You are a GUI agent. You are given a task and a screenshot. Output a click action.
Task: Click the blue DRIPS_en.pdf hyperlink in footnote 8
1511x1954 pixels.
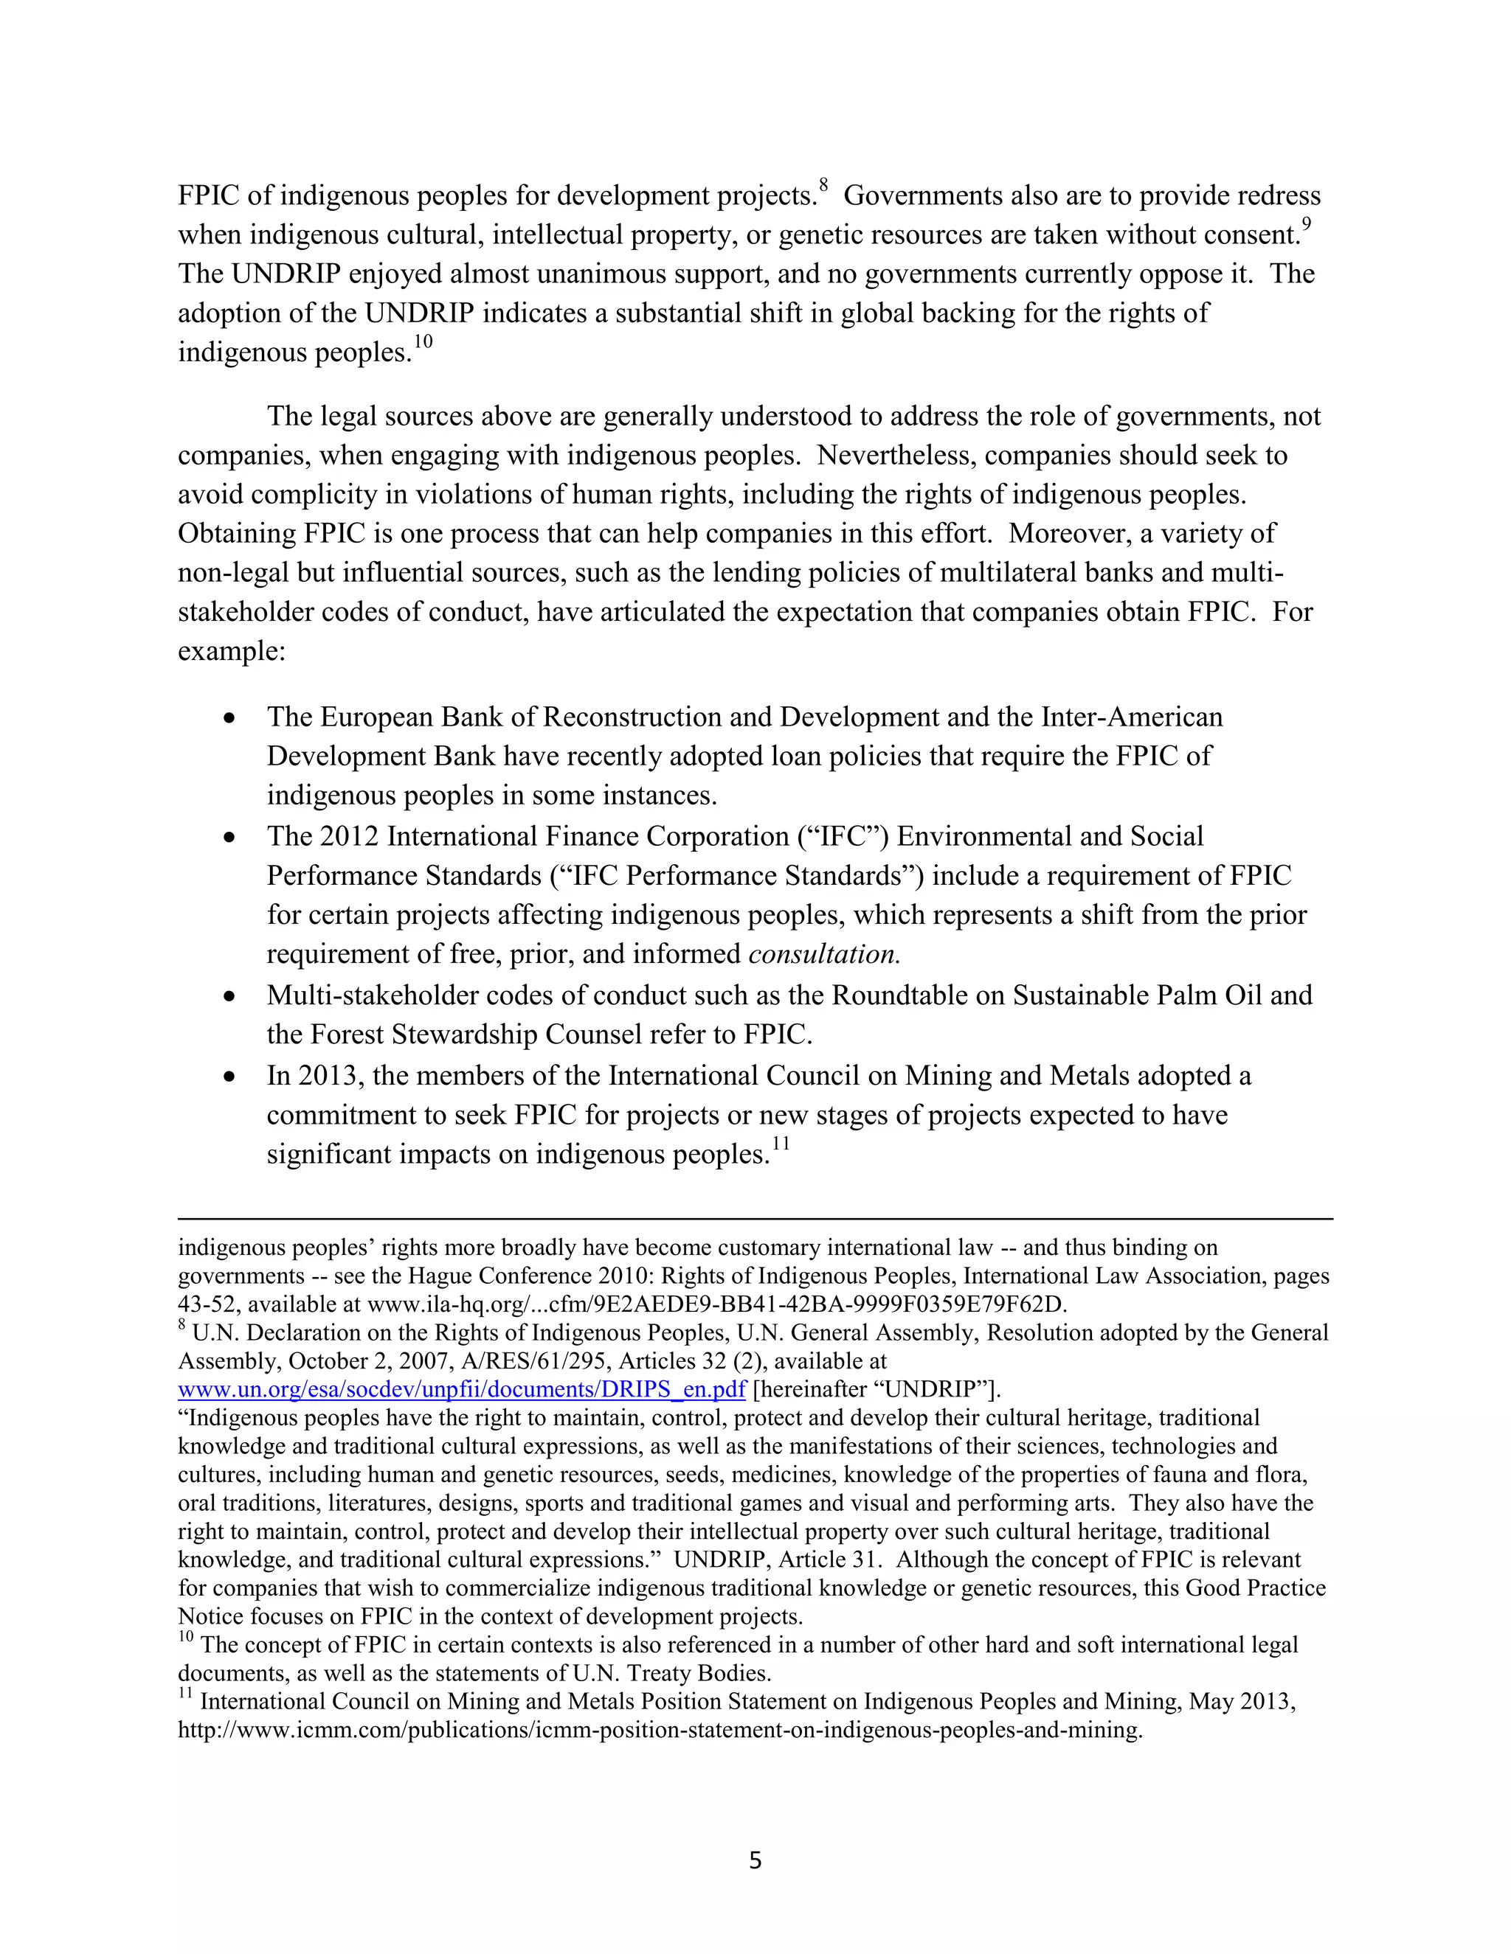pyautogui.click(x=462, y=1389)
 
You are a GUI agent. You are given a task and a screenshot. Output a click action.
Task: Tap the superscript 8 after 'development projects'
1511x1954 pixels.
pyautogui.click(x=823, y=186)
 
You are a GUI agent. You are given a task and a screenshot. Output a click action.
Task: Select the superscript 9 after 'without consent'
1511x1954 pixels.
pyautogui.click(x=1307, y=226)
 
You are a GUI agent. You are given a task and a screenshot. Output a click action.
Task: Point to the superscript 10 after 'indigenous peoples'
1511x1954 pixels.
pyautogui.click(x=423, y=343)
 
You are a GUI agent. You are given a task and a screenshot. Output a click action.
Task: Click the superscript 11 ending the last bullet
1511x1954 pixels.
pyautogui.click(x=781, y=1144)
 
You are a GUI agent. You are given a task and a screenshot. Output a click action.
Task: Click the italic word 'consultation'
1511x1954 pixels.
pyautogui.click(x=823, y=955)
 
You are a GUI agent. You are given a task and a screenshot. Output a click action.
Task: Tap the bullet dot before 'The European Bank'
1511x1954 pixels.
pyautogui.click(x=230, y=718)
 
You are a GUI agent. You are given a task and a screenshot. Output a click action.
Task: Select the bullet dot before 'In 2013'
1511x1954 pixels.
pyautogui.click(x=230, y=1077)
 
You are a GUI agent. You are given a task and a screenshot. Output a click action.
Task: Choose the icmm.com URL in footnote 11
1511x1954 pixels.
pyautogui.click(x=660, y=1731)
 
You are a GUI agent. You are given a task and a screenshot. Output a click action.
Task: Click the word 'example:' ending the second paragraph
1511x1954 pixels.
pyautogui.click(x=231, y=650)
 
